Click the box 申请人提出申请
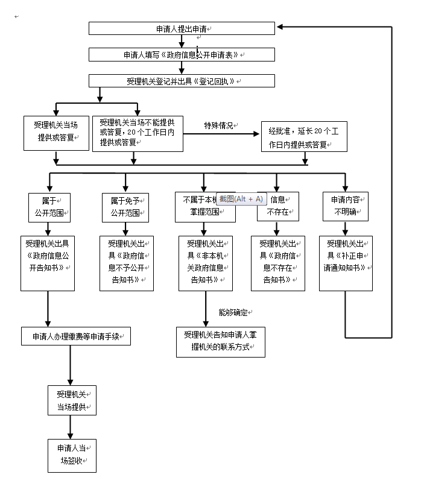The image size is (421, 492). (x=182, y=28)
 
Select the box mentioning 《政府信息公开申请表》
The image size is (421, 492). (x=182, y=55)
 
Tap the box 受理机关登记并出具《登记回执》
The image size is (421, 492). (x=182, y=81)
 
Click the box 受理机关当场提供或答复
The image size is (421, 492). (x=56, y=133)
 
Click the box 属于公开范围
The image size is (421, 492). (x=49, y=207)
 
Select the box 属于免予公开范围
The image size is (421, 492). (x=125, y=207)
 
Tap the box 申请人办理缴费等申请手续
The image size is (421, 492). (x=76, y=336)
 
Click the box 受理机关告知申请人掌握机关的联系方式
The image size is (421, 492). (x=221, y=342)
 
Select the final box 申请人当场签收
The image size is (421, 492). (x=72, y=455)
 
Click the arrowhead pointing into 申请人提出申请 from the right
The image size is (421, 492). (x=281, y=27)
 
